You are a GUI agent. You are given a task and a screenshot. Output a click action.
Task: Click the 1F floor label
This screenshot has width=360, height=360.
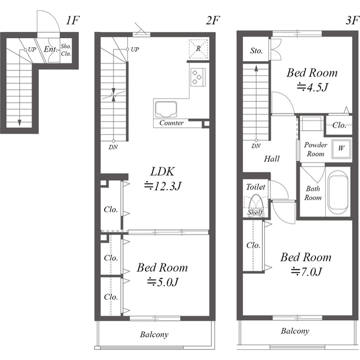coord(73,20)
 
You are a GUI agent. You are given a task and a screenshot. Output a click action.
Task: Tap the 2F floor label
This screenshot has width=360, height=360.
coord(213,20)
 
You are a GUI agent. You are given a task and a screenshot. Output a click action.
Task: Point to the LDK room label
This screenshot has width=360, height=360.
coord(163,172)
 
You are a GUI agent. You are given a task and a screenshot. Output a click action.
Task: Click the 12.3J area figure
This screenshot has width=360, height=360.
coord(163,186)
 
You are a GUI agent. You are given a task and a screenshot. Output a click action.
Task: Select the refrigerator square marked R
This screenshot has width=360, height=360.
coord(198,49)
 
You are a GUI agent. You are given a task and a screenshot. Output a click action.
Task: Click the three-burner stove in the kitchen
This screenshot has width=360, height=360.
coord(197,77)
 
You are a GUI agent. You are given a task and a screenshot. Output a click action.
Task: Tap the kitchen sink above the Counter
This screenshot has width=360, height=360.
coord(166,109)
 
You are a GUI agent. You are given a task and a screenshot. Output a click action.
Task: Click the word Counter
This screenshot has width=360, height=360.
coord(172,123)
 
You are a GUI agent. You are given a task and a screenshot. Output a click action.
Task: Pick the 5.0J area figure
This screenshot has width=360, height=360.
coord(163,282)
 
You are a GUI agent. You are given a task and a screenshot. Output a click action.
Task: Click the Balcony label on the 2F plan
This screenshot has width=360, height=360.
coord(154,335)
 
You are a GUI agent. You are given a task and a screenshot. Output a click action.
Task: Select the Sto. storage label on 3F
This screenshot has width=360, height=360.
coord(256,51)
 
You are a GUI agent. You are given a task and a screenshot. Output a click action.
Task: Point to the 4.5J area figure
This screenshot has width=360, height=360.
coord(312,87)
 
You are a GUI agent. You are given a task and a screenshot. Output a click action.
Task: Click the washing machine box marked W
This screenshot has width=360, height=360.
coord(341,148)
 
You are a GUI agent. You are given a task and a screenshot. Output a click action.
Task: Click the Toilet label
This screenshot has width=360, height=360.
coord(255,187)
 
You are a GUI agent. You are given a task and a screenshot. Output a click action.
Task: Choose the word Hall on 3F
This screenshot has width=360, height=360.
coord(272,159)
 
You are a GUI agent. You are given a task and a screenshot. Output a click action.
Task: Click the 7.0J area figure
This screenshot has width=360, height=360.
coord(306,272)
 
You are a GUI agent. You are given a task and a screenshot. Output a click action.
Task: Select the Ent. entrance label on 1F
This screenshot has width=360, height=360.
coord(50,49)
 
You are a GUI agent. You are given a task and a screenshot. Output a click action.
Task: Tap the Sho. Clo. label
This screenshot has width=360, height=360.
coord(66,50)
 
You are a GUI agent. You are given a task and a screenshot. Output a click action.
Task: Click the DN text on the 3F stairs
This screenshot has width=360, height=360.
coord(256,146)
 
